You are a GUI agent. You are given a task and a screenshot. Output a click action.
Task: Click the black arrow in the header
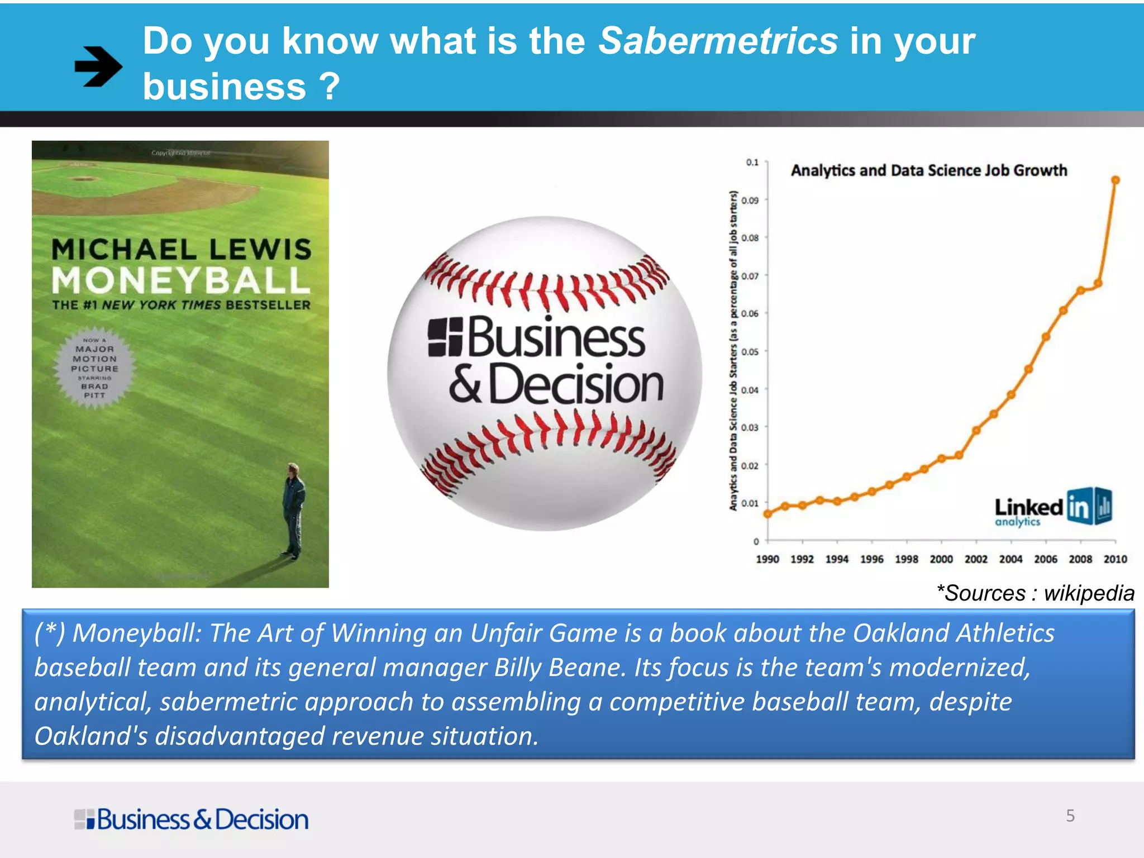(98, 66)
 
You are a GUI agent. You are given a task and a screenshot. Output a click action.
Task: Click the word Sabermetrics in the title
(718, 41)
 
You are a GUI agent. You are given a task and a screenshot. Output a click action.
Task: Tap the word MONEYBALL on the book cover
(180, 280)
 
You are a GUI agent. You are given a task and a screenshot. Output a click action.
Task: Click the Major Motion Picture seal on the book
(94, 368)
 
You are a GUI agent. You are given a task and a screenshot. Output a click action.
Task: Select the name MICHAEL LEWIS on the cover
(181, 249)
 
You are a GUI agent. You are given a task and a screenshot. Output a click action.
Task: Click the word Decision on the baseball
(576, 384)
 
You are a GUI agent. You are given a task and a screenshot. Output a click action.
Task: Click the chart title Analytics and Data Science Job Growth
(928, 170)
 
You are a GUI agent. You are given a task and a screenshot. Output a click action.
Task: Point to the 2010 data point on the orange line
(1116, 180)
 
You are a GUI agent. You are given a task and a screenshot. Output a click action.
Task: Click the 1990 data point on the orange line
(768, 514)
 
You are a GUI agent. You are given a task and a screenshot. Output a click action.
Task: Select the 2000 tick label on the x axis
(941, 559)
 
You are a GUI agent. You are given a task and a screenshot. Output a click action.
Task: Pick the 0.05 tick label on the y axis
(750, 352)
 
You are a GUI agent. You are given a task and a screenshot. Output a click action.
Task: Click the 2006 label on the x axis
(1045, 559)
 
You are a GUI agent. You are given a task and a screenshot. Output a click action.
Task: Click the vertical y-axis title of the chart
(733, 351)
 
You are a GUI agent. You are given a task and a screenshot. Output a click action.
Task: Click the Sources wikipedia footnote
(1035, 593)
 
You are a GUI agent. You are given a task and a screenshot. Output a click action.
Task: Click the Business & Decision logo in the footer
(191, 819)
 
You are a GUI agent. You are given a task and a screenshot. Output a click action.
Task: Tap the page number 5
(1070, 816)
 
